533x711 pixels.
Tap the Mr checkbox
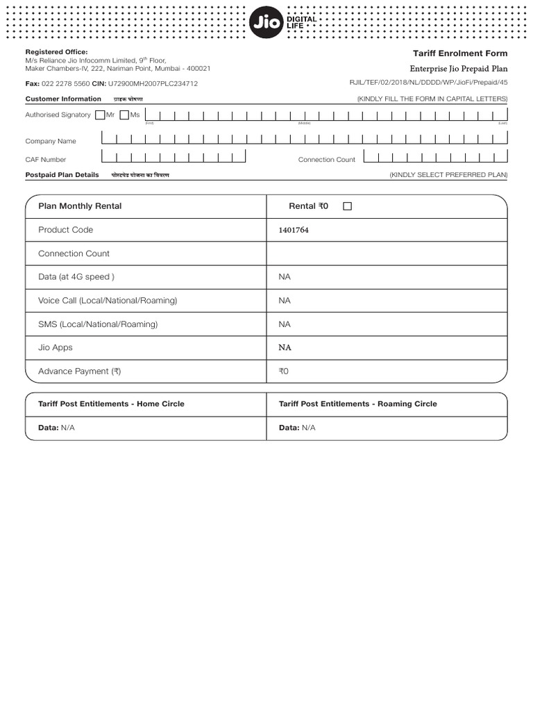(100, 115)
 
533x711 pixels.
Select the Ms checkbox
(124, 115)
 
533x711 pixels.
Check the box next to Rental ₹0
(348, 206)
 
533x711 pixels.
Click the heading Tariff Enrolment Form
(460, 53)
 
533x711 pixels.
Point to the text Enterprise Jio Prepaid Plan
(459, 69)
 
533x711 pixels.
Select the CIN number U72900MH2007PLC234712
(153, 83)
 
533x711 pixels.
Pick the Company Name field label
(51, 141)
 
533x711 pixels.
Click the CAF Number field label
(46, 160)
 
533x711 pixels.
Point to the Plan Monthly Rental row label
(80, 206)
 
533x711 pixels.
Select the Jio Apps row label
(56, 347)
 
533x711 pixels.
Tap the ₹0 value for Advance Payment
(283, 371)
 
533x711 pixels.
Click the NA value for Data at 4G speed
(285, 277)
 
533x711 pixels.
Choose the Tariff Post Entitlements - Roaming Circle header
(358, 403)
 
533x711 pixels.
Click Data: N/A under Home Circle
(56, 428)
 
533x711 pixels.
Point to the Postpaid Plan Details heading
(62, 175)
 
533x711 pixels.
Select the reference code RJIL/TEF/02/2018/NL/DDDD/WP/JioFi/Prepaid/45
(428, 83)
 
